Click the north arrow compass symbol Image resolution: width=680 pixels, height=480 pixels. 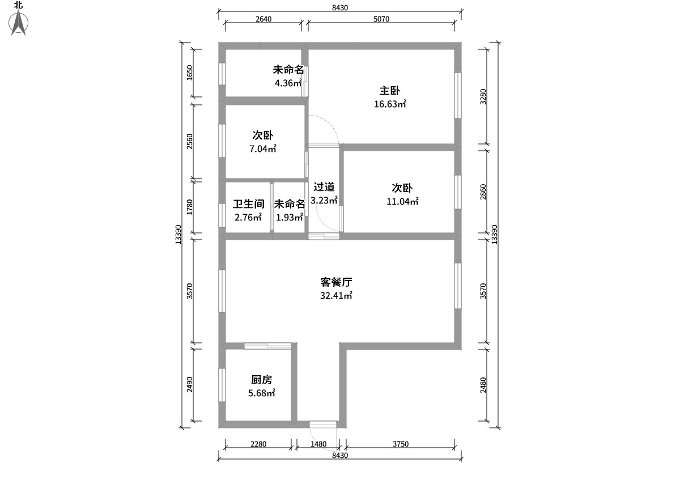19,23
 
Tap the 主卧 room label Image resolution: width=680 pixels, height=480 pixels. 390,91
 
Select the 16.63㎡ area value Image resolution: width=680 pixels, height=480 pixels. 390,104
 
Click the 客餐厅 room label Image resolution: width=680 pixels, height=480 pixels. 336,282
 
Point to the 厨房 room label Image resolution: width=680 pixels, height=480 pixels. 261,380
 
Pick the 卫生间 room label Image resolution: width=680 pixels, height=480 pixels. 249,204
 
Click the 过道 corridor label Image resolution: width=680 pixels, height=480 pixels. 324,186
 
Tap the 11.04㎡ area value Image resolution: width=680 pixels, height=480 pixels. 402,201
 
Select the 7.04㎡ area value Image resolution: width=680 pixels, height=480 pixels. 263,148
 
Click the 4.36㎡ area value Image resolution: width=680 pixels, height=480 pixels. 288,83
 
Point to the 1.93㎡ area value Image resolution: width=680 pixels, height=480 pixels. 290,217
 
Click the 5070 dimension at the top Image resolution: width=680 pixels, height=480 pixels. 381,19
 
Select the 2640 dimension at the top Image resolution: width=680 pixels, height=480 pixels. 263,19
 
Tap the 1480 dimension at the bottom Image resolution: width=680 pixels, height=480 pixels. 318,444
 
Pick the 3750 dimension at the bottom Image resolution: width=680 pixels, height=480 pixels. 401,444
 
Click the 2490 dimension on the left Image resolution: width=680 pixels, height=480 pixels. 189,384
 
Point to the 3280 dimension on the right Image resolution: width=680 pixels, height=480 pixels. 483,96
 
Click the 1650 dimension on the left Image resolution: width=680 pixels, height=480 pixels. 189,73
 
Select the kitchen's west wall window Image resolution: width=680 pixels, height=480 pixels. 222,385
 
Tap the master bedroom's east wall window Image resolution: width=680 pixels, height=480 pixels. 458,95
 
